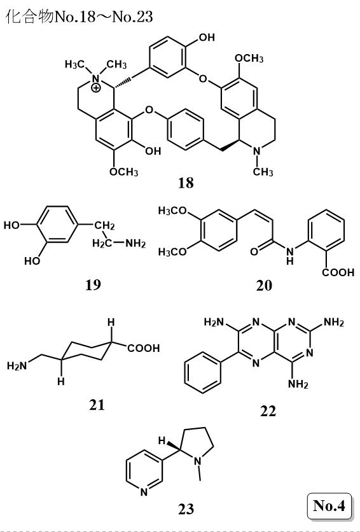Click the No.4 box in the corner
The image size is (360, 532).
(329, 506)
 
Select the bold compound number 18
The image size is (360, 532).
(186, 183)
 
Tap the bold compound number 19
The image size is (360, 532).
(93, 285)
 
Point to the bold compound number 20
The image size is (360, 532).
(264, 285)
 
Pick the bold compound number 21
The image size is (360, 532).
(97, 405)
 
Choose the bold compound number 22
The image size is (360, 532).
(268, 411)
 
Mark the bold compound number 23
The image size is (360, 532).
(186, 509)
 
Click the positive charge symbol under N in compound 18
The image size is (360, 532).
(97, 88)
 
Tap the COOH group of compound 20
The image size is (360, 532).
(338, 272)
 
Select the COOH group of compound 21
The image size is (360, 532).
(143, 348)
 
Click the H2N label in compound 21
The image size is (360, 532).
(17, 366)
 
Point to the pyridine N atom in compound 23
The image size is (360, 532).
(144, 493)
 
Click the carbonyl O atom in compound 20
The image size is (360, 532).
(254, 252)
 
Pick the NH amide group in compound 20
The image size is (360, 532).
(289, 255)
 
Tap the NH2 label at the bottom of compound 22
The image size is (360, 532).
(298, 384)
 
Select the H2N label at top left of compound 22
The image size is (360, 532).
(214, 322)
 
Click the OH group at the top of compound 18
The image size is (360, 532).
(207, 38)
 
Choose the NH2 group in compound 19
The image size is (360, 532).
(135, 243)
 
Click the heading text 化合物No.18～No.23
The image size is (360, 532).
(80, 17)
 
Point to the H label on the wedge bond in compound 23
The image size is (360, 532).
(162, 441)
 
